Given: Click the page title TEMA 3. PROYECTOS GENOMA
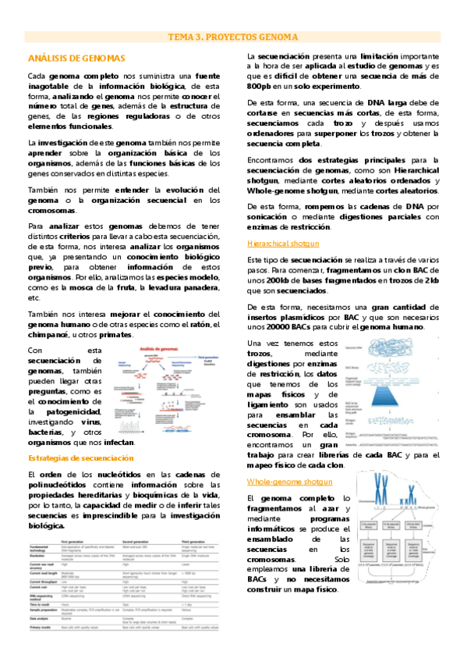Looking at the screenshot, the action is (x=233, y=37).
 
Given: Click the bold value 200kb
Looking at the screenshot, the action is (x=278, y=279).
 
